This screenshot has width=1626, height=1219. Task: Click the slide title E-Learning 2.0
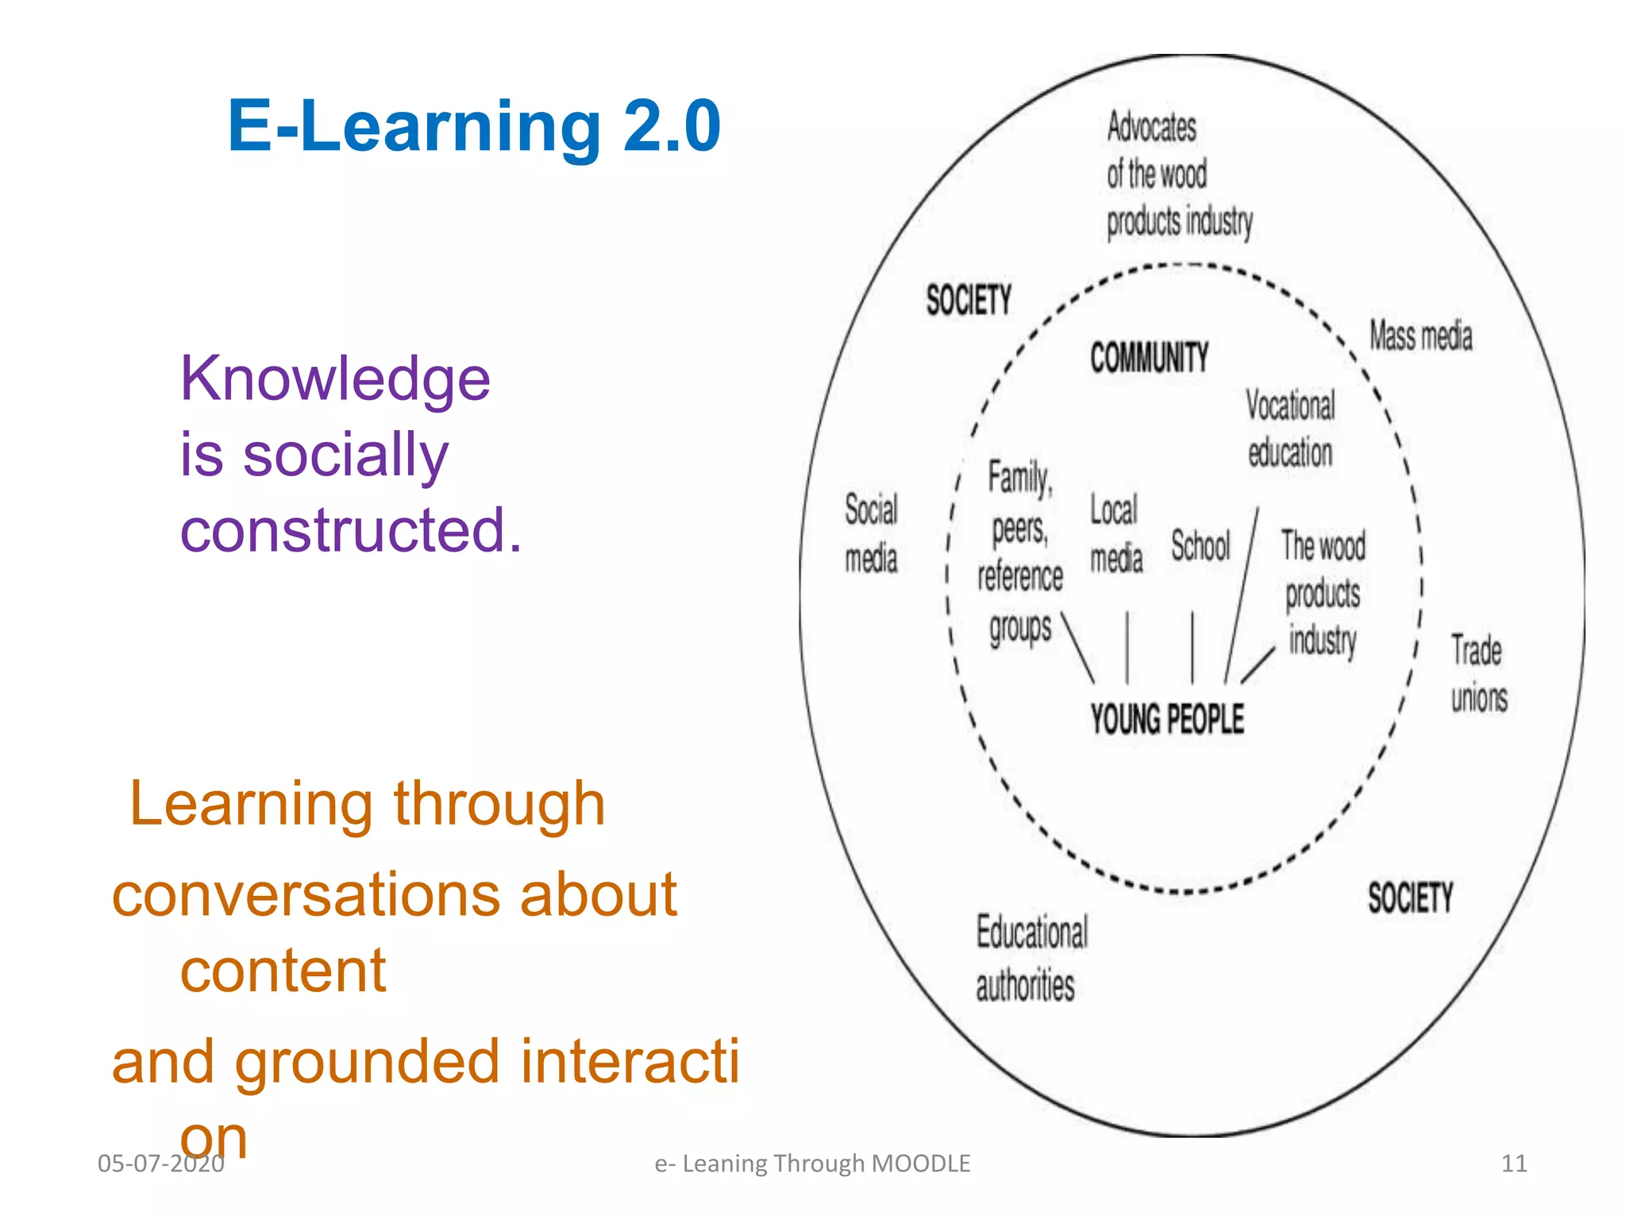474,126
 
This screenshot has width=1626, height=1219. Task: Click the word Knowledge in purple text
335,379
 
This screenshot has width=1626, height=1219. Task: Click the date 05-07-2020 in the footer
161,1163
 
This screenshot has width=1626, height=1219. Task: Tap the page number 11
1514,1163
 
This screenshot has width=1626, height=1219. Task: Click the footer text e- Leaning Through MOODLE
812,1163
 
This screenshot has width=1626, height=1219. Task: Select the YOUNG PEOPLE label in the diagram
1166,719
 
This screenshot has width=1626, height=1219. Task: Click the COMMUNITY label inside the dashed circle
1149,357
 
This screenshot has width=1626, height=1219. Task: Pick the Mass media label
1420,336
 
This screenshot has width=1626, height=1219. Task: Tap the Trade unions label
1478,674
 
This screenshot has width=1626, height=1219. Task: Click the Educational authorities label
1031,959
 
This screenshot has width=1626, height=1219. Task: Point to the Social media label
871,533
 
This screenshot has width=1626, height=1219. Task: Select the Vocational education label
1290,429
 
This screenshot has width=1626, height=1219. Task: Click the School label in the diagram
1200,546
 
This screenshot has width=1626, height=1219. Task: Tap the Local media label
1115,533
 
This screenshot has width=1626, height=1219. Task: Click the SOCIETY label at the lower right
1410,898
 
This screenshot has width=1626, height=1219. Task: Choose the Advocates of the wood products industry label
1177,174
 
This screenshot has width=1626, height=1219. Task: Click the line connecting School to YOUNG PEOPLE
1192,647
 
